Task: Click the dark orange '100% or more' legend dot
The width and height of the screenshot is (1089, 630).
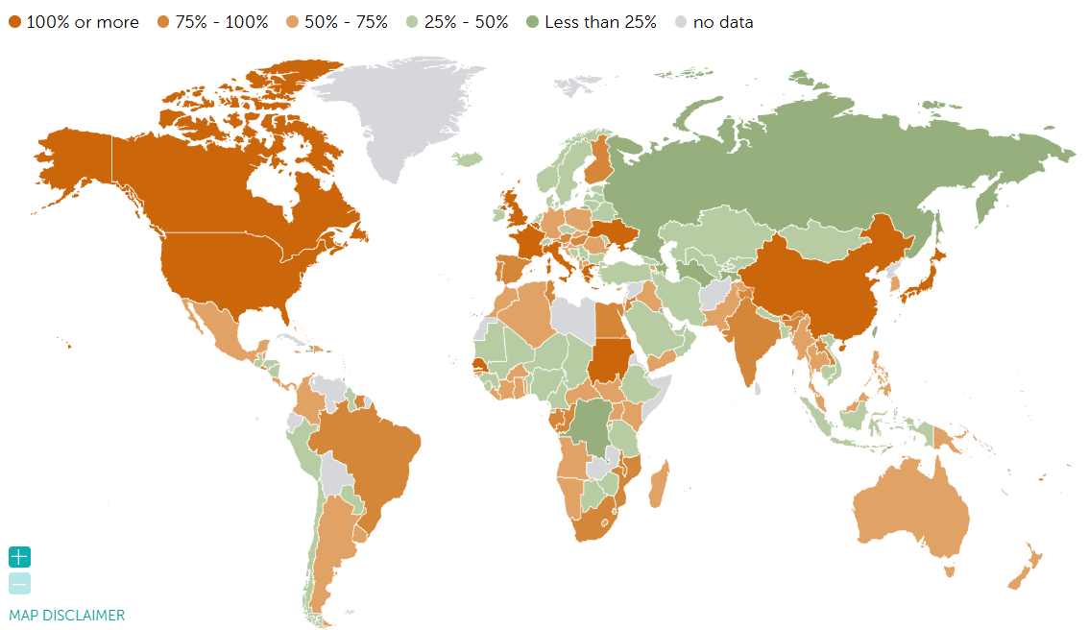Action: [14, 22]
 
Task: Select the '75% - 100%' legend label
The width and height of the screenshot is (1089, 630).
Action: [221, 22]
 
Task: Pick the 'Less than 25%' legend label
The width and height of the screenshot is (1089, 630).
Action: [600, 22]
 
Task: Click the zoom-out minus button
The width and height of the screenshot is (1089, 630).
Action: [20, 583]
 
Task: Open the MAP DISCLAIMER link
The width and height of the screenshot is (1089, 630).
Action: [66, 616]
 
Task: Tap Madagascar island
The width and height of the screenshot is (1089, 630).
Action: [660, 485]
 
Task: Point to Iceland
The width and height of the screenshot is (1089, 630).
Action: [468, 159]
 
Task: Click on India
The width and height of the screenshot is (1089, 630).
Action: [750, 336]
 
